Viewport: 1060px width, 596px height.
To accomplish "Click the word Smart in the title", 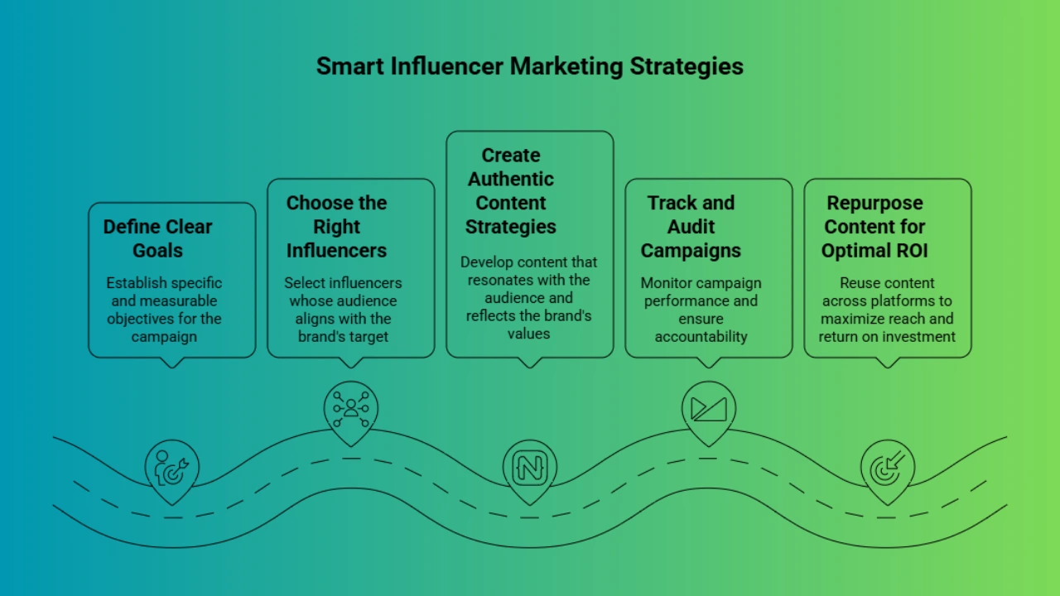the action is [x=349, y=65].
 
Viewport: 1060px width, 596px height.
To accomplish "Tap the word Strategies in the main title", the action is [x=687, y=67].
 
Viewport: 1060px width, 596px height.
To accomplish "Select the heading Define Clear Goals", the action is [x=157, y=238].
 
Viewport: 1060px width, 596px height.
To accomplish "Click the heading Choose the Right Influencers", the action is [x=336, y=227].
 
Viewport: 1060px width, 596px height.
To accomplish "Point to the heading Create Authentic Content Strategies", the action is [x=511, y=190].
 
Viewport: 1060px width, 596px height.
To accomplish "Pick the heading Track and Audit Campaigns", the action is [x=691, y=227].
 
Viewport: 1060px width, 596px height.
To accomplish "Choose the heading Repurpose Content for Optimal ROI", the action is [x=874, y=227].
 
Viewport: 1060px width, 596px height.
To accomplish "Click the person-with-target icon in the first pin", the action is [x=171, y=468].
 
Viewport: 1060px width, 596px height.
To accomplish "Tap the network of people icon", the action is [x=350, y=409].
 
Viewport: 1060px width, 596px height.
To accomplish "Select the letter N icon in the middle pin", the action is [x=529, y=469].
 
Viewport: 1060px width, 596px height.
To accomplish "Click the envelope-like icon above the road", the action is [x=708, y=409].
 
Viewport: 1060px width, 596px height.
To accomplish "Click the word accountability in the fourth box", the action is [x=701, y=337].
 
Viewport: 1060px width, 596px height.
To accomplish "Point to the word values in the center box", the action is [x=528, y=334].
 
